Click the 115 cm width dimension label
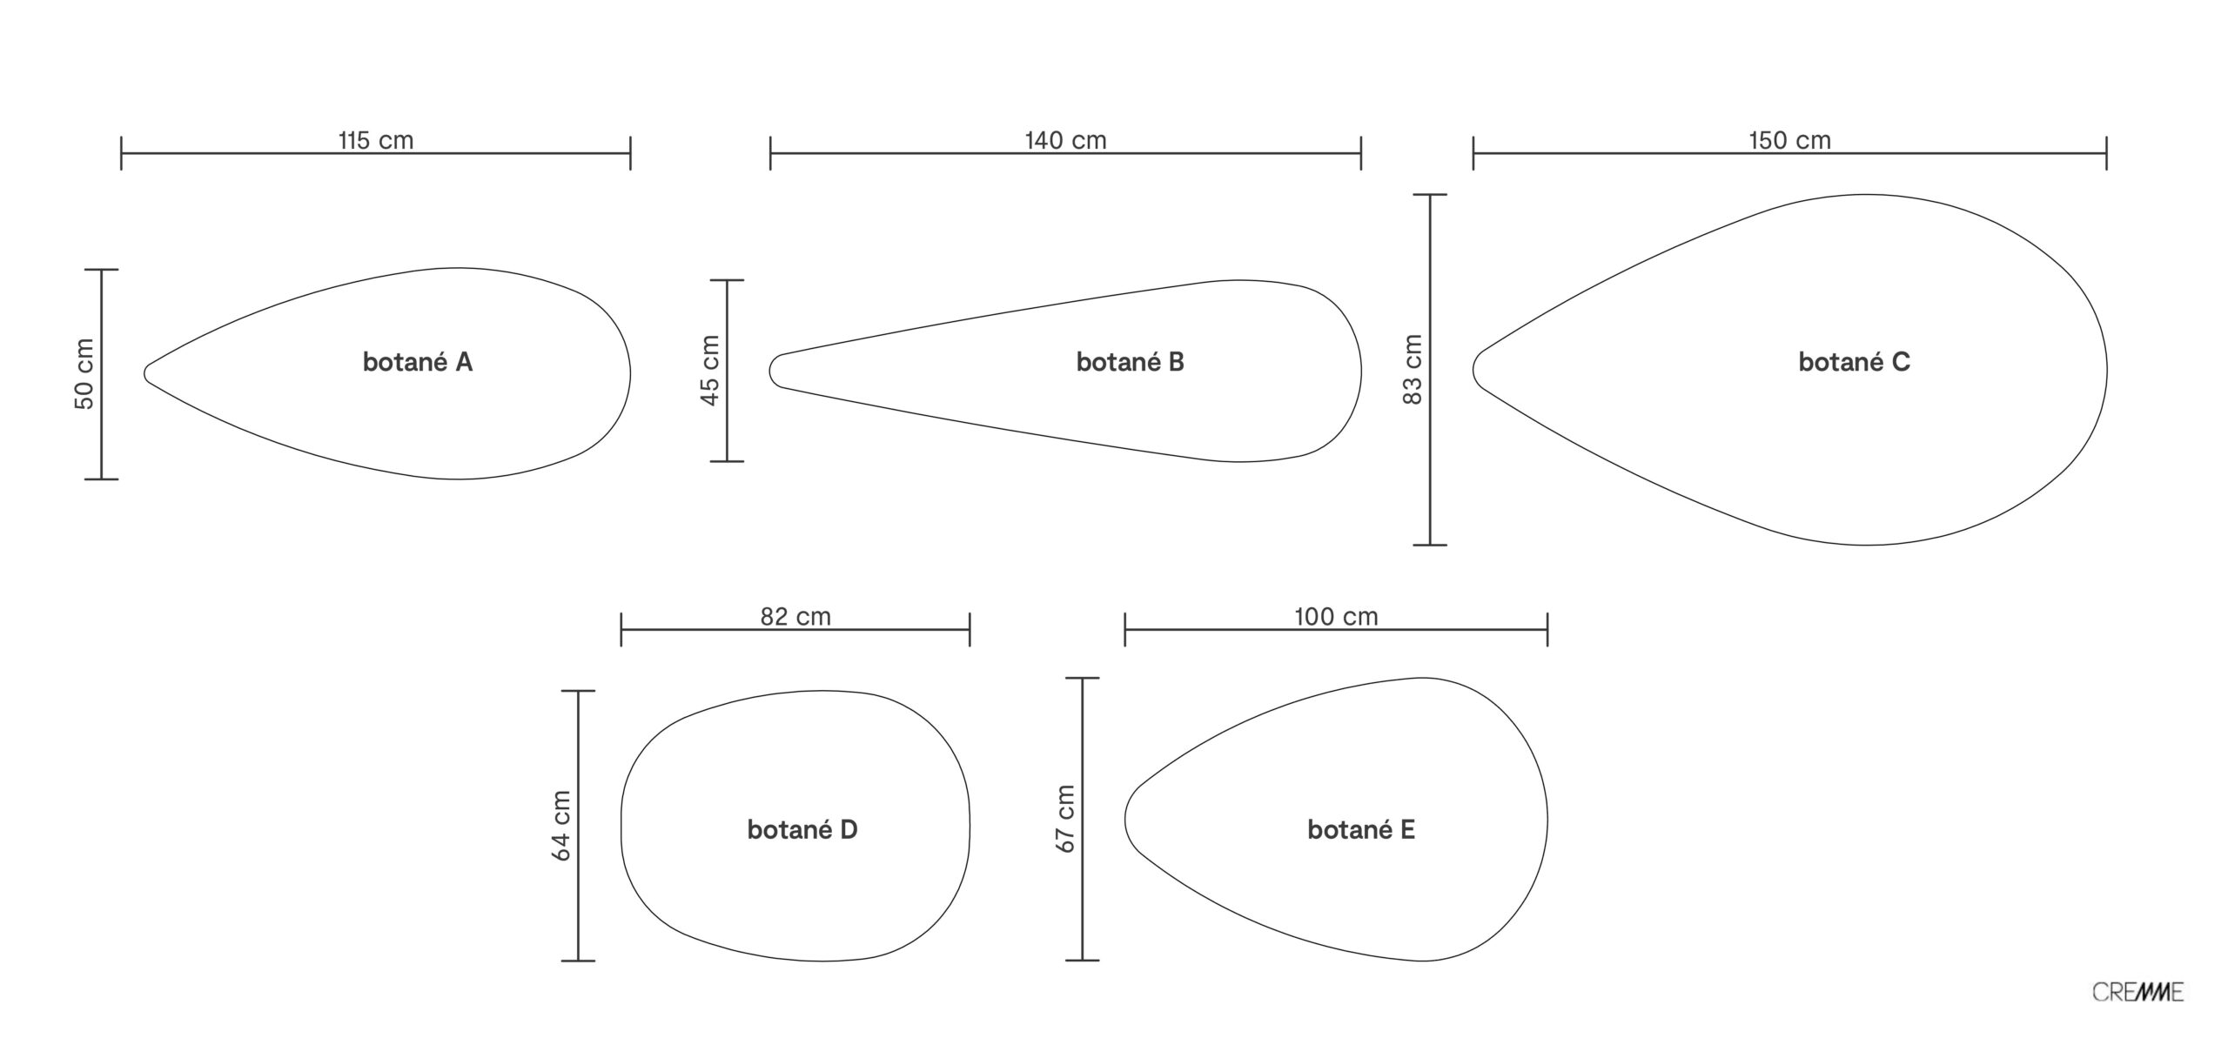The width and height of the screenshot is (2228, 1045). pos(376,140)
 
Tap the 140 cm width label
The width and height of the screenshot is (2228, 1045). pos(1065,140)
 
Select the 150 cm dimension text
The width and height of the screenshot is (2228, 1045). pos(1789,140)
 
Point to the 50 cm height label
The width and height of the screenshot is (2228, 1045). pos(84,373)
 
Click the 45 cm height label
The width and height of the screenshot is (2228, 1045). pos(709,370)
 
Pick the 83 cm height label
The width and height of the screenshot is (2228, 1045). pos(1412,369)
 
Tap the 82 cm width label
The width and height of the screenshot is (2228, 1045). pos(795,617)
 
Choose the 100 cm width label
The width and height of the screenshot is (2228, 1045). pos(1336,617)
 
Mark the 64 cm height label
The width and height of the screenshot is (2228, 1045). pos(561,826)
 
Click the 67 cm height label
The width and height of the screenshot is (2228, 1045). pos(1065,819)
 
